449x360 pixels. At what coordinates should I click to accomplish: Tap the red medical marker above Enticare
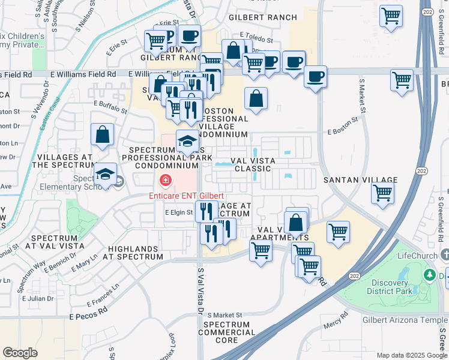pos(164,180)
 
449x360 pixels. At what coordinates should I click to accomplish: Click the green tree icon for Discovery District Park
pos(429,275)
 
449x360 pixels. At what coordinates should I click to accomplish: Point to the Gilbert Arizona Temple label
pos(400,320)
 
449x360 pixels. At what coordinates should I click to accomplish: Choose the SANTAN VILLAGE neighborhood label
pos(360,180)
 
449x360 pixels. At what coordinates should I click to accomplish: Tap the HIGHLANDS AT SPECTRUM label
pos(135,253)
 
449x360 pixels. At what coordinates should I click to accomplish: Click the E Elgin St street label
pos(179,212)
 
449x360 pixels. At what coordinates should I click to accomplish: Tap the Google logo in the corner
pos(20,353)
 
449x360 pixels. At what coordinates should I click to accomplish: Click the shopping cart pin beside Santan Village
pos(382,193)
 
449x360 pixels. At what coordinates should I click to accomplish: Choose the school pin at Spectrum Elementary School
pos(106,175)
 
